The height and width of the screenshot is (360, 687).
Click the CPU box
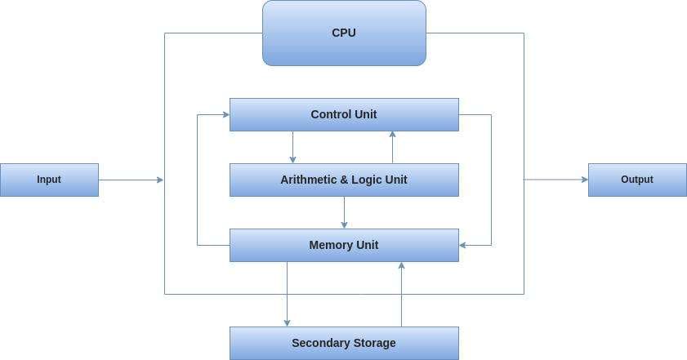point(344,33)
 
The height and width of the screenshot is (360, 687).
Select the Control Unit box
point(344,114)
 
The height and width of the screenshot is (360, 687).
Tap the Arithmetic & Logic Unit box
point(344,180)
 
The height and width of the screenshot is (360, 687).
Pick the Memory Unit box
point(344,245)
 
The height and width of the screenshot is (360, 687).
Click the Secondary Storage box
point(344,343)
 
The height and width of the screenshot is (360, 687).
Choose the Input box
point(49,180)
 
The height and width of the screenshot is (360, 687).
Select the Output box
point(637,180)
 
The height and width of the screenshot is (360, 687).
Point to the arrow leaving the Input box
point(131,180)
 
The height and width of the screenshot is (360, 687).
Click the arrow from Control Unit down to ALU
point(292,147)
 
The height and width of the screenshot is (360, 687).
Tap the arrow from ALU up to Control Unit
point(393,147)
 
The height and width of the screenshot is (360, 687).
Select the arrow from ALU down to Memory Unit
point(344,212)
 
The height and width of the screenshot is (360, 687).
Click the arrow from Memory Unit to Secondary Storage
point(287,294)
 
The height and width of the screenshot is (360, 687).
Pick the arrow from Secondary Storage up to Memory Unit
point(401,294)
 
